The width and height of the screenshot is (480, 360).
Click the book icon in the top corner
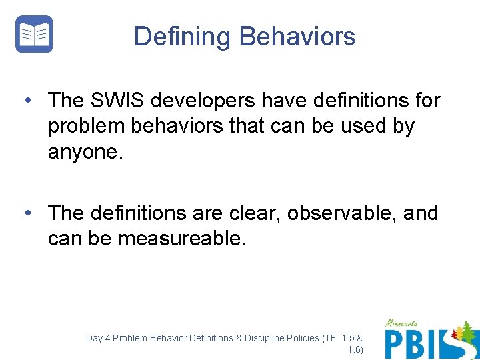coord(34,34)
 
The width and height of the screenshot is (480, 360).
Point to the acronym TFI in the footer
coord(331,338)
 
